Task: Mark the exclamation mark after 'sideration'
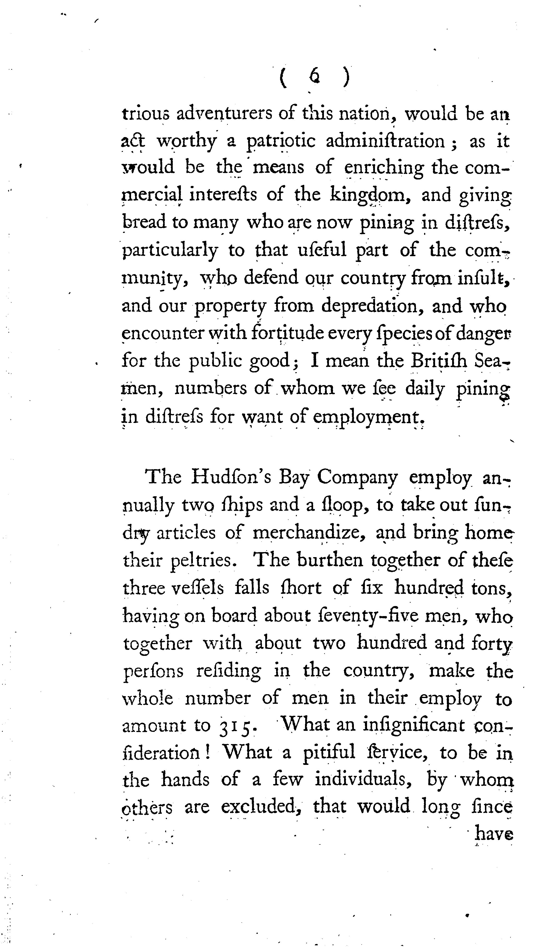(x=208, y=752)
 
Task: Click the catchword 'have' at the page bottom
(x=494, y=834)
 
